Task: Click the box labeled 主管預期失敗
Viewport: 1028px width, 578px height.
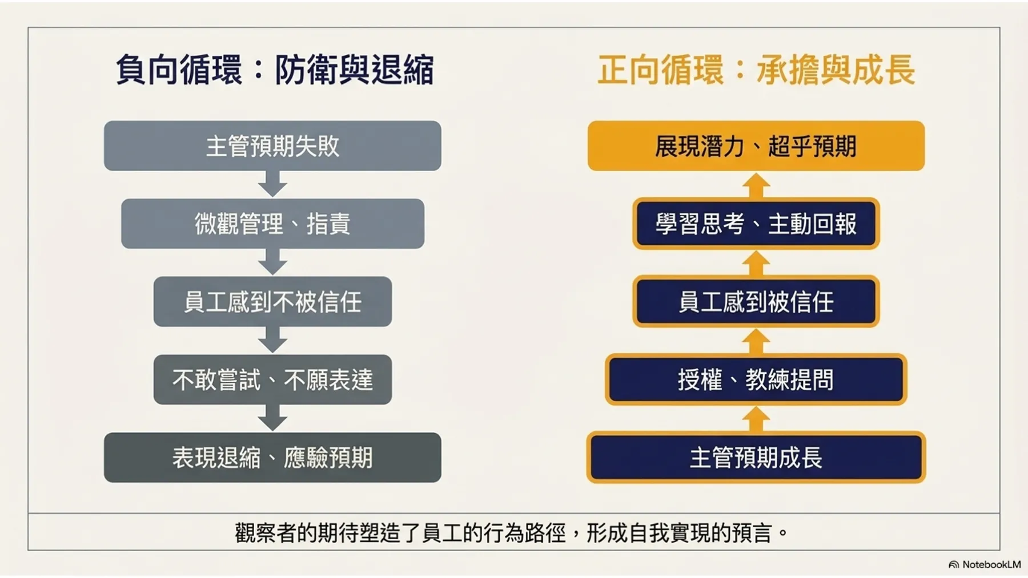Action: [272, 145]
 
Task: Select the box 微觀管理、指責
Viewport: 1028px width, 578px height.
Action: [272, 223]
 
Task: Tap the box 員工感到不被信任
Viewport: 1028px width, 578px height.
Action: [272, 301]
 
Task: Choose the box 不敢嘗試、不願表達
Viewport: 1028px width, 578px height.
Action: [272, 379]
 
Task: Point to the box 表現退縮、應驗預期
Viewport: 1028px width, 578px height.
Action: [272, 457]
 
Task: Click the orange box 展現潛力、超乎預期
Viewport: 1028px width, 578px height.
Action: [756, 145]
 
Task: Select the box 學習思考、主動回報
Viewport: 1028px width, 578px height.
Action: [756, 223]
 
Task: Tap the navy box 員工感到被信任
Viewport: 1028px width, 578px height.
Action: [756, 301]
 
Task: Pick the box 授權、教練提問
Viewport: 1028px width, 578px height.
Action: [756, 379]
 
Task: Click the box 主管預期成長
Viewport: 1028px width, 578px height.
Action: [756, 457]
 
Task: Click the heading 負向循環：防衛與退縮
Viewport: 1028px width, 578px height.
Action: [275, 70]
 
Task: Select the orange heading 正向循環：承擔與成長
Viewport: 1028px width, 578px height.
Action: [757, 70]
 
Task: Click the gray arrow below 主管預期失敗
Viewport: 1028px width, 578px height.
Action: [272, 184]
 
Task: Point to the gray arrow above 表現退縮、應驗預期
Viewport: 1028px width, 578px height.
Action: [272, 418]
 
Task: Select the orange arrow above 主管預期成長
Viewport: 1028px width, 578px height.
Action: [756, 419]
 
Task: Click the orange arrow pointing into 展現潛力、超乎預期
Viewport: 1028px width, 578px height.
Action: [756, 185]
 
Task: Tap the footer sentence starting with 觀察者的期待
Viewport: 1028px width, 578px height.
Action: [512, 532]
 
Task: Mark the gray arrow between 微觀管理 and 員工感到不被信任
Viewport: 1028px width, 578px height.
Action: [272, 262]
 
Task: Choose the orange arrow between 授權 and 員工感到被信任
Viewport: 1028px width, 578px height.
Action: [756, 341]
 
